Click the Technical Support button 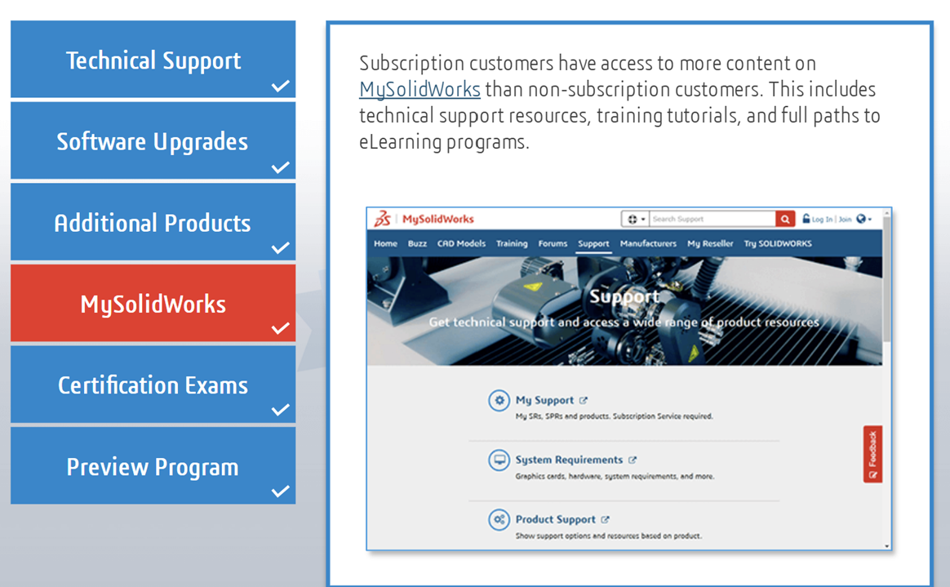click(x=153, y=60)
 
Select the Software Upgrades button click(x=153, y=140)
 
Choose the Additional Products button click(x=153, y=222)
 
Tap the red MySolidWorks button click(x=153, y=303)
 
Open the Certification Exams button click(x=153, y=384)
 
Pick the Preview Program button click(x=153, y=465)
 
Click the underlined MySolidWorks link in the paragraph click(x=420, y=90)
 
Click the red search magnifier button click(x=785, y=219)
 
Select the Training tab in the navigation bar click(x=512, y=243)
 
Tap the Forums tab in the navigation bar click(x=553, y=243)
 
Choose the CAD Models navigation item click(x=462, y=243)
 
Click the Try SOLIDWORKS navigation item click(x=778, y=243)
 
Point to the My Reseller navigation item click(x=710, y=243)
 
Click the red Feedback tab click(x=872, y=455)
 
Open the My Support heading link click(x=544, y=400)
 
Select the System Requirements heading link click(x=569, y=460)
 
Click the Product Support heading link click(x=556, y=519)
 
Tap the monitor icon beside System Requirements click(x=499, y=460)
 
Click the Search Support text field click(x=712, y=219)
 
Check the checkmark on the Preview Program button click(x=280, y=491)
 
